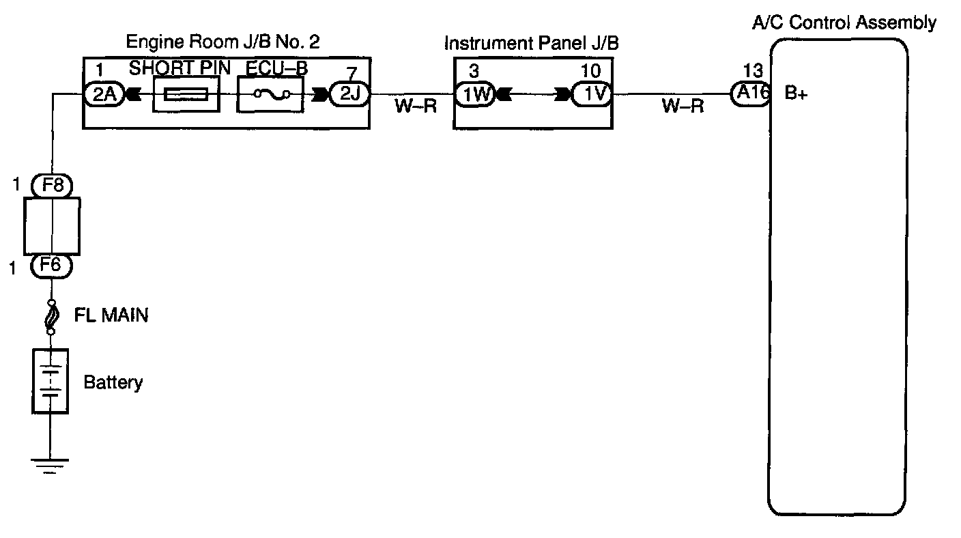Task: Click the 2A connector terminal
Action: tap(102, 95)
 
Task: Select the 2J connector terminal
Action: tap(349, 95)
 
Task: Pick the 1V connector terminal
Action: tap(592, 95)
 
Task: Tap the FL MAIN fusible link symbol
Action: tap(51, 317)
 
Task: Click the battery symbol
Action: tap(51, 380)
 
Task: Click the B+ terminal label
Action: tap(797, 95)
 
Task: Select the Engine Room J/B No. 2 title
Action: tap(223, 42)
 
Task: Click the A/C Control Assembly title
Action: tap(844, 23)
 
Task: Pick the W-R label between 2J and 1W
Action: tap(415, 108)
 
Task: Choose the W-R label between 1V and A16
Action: tap(683, 108)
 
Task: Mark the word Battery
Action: tap(113, 382)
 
